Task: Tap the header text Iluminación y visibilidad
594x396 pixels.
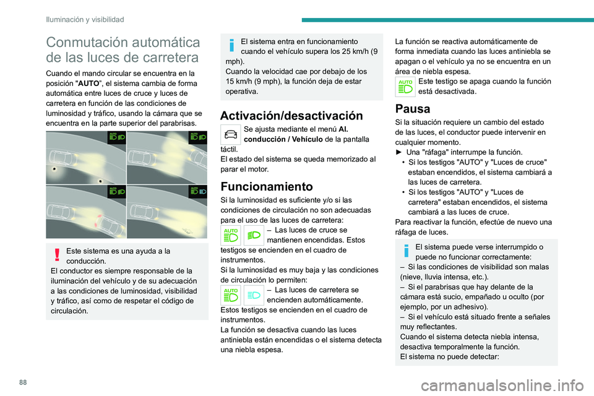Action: (x=85, y=19)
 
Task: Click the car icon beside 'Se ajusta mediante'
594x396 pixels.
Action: (x=231, y=134)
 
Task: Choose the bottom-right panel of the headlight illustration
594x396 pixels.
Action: (x=167, y=212)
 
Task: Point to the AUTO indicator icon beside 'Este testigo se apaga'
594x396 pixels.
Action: (x=405, y=87)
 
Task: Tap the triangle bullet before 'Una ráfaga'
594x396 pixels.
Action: (x=398, y=152)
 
